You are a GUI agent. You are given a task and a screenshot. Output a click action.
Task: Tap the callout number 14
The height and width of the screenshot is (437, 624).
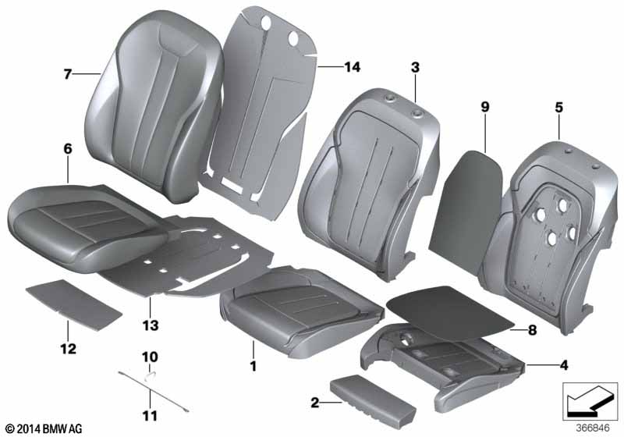click(x=352, y=68)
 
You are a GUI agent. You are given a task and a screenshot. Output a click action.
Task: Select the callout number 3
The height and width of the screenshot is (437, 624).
click(x=415, y=69)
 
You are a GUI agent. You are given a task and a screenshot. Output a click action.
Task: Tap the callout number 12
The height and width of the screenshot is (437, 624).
click(x=68, y=348)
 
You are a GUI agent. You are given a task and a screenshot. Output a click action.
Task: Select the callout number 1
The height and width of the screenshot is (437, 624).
click(x=252, y=364)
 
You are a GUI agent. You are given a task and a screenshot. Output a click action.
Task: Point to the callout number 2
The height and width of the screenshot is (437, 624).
click(x=314, y=403)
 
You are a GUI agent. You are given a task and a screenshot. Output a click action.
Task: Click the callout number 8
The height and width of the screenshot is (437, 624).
click(x=533, y=331)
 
